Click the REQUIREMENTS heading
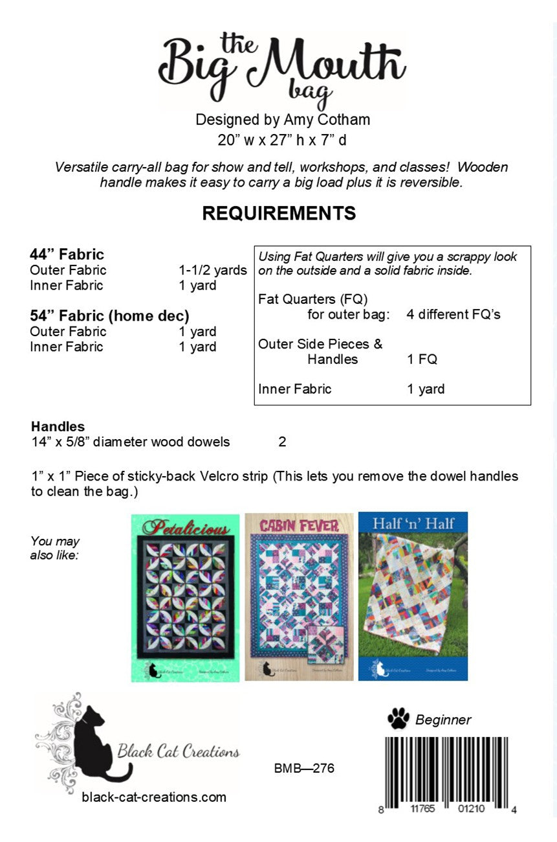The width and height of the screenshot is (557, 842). [279, 213]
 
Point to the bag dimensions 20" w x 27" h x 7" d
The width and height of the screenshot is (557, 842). [282, 139]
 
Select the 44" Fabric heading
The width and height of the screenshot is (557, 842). [67, 255]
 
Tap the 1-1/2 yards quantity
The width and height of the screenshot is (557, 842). [213, 270]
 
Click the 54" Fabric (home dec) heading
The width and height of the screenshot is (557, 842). [109, 316]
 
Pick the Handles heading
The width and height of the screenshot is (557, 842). [58, 427]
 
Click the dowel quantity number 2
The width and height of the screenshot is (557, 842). [282, 442]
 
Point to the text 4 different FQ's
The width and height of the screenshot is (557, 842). [453, 315]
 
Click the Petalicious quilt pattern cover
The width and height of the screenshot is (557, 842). [186, 597]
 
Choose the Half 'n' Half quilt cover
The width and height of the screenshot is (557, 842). [413, 597]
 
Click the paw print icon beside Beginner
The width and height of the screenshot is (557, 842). [398, 718]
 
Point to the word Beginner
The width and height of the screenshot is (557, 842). [443, 720]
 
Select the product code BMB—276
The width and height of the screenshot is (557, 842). [304, 769]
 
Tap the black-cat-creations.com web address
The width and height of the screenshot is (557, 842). [154, 797]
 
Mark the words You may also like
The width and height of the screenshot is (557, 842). [55, 548]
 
